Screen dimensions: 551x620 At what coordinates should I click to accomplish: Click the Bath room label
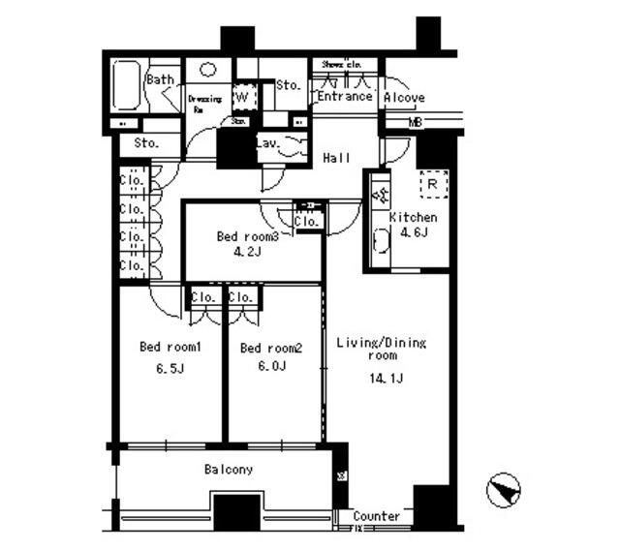(x=161, y=79)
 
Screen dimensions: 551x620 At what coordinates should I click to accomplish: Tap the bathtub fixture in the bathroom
(x=126, y=88)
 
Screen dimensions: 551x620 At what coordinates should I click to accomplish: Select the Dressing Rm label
(x=204, y=103)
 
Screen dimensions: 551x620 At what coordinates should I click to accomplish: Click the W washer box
(x=244, y=97)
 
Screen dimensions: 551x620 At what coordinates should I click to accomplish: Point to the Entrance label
(x=344, y=97)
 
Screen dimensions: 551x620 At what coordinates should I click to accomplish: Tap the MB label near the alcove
(x=415, y=123)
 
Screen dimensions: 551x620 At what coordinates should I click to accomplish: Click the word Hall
(x=336, y=159)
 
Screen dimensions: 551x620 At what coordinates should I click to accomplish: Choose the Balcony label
(x=229, y=471)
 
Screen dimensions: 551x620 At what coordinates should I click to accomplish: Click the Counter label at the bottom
(x=376, y=517)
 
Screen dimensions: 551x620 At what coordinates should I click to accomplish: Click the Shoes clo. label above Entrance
(x=341, y=65)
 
